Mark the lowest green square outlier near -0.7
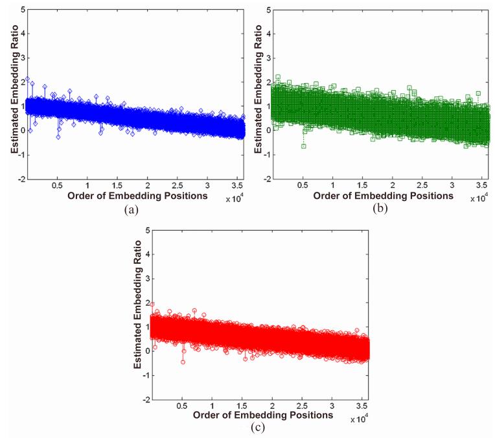[x=303, y=146]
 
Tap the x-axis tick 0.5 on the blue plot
[x=57, y=185]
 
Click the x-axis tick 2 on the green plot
[x=392, y=185]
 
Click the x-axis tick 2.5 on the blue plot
[x=177, y=185]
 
